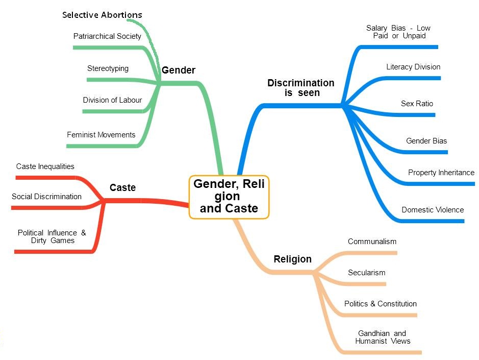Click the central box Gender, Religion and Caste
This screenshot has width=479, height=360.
tap(229, 197)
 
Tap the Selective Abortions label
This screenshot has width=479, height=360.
tap(102, 15)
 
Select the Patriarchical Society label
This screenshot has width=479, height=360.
tap(107, 36)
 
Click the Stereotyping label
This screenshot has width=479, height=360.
tap(108, 68)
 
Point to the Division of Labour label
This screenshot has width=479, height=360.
tap(112, 100)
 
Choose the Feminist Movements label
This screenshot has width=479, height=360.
tap(101, 135)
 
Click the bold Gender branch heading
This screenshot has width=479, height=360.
tap(179, 70)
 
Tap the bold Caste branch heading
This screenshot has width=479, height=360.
tap(122, 188)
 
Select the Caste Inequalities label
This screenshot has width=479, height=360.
tap(45, 166)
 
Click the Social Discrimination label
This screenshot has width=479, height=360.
tap(46, 197)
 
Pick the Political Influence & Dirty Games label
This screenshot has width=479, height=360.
tap(52, 236)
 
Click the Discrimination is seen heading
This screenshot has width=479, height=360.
tap(301, 88)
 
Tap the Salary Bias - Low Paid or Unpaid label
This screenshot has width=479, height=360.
tap(398, 32)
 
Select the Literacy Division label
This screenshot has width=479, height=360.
tap(413, 67)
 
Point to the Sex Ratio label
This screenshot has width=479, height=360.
tap(417, 104)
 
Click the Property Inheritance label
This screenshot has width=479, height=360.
tap(441, 173)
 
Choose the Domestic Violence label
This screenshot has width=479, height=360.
tap(433, 210)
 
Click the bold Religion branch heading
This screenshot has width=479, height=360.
tap(292, 259)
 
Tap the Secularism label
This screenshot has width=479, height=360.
tap(366, 273)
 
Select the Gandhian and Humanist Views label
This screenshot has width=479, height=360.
tap(382, 337)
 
